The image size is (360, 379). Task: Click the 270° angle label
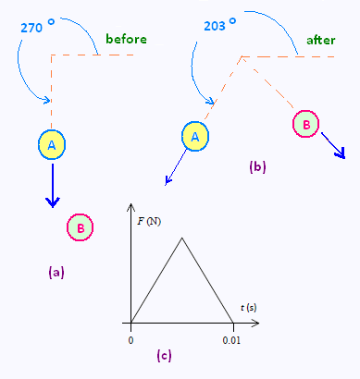point(38,27)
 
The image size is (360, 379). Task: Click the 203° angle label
point(220,25)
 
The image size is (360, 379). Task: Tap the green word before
point(126,39)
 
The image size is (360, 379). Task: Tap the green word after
point(321,40)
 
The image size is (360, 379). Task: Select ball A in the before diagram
point(52,145)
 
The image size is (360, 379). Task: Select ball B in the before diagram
point(80,227)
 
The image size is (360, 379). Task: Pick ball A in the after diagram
point(195,137)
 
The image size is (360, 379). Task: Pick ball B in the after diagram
point(305,124)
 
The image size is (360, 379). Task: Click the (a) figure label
point(56,273)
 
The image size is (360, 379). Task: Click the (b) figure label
point(257,166)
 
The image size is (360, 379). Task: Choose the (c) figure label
point(164,356)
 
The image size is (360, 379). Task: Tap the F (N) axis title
point(149,222)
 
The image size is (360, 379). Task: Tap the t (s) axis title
point(249,308)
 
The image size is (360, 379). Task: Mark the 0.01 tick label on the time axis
point(231,340)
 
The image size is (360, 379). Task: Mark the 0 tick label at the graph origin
point(130,340)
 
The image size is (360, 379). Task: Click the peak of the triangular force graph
point(182,238)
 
